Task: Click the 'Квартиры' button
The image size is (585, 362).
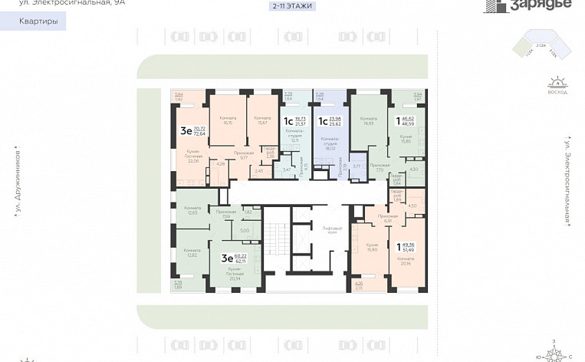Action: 38,21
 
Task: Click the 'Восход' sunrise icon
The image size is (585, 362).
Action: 558,82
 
